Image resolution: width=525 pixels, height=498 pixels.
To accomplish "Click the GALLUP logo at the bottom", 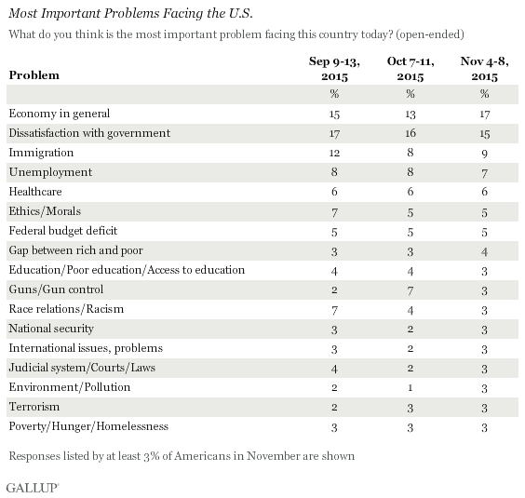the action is (33, 488).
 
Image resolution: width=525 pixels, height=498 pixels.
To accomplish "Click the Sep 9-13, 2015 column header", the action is (334, 69).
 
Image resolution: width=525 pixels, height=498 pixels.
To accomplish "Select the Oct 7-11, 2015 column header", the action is (411, 69).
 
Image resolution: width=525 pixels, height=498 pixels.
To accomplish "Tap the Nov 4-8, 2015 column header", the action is (484, 69).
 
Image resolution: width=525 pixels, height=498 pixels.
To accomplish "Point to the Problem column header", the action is (34, 75).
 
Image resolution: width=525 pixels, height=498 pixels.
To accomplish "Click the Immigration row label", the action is (41, 153).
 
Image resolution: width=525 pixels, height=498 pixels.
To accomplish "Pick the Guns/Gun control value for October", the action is (411, 290).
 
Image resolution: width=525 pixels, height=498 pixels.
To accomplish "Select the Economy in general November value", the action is (484, 114).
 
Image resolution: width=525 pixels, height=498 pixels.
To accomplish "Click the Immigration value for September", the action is (334, 153).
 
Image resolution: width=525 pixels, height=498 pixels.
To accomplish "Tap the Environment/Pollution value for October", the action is (411, 388).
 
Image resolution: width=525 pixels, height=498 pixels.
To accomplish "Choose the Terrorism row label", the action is (34, 407).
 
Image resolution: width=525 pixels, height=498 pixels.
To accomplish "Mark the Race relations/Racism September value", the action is (334, 310).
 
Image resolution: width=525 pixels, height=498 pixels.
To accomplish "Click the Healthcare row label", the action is (35, 192).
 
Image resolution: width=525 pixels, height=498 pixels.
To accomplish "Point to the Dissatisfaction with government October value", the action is (411, 133).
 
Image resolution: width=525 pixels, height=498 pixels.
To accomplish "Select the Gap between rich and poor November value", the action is (484, 251).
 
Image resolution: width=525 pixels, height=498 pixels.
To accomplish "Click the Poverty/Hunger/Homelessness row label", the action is (88, 426).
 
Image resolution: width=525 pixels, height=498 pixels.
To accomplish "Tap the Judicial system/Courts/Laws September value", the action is (334, 369).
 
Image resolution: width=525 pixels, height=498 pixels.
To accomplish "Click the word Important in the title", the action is (71, 13).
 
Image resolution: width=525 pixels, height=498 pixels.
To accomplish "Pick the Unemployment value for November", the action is (484, 173).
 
